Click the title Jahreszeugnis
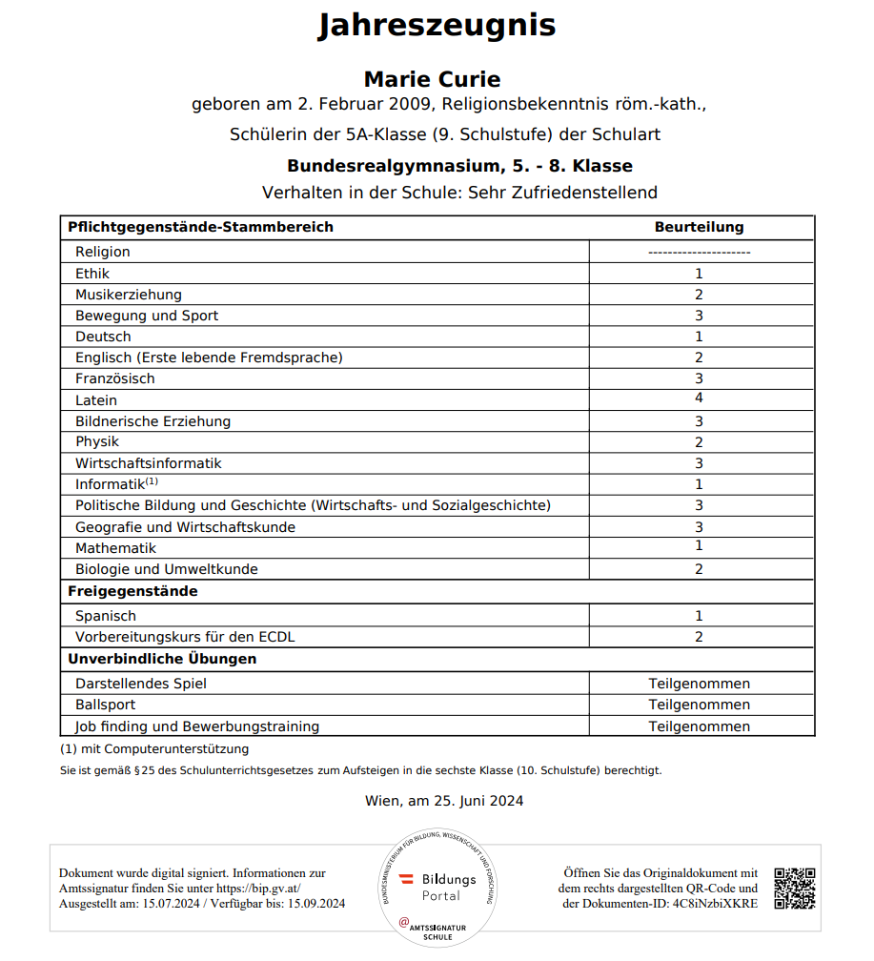[437, 27]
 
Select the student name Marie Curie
[432, 79]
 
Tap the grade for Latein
[699, 399]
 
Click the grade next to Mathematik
[699, 546]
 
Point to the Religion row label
[103, 252]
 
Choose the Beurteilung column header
[699, 227]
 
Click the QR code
[794, 889]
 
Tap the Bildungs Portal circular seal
[437, 887]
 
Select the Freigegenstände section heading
[132, 591]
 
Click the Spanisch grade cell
[699, 616]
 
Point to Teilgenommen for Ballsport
[699, 705]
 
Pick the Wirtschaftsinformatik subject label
[149, 463]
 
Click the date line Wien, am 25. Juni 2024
[444, 801]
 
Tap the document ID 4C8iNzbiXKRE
[715, 904]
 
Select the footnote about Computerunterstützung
[154, 749]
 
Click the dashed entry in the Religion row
[699, 252]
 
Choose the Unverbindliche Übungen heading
[162, 659]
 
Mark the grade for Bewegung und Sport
[699, 316]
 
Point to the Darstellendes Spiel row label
[141, 684]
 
